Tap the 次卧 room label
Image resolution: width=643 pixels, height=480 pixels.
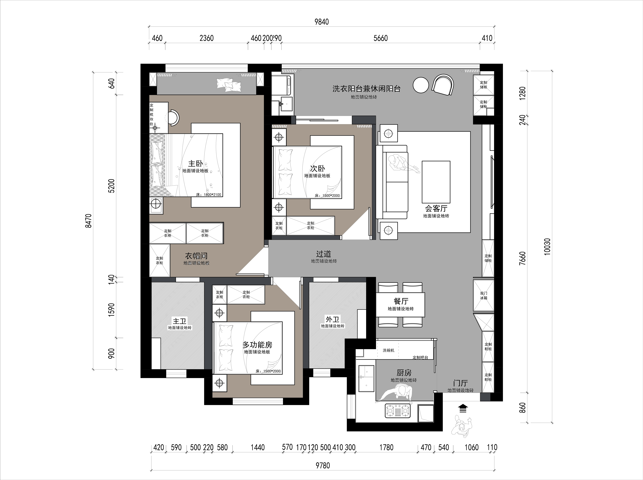317,169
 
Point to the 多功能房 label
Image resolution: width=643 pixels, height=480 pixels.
257,345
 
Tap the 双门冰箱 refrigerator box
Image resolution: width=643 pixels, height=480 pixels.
484,295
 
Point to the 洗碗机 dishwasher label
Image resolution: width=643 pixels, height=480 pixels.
389,350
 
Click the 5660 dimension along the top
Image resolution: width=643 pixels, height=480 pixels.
381,38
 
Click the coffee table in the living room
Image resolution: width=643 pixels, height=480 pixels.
436,182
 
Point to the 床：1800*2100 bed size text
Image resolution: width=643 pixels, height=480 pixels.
209,195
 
